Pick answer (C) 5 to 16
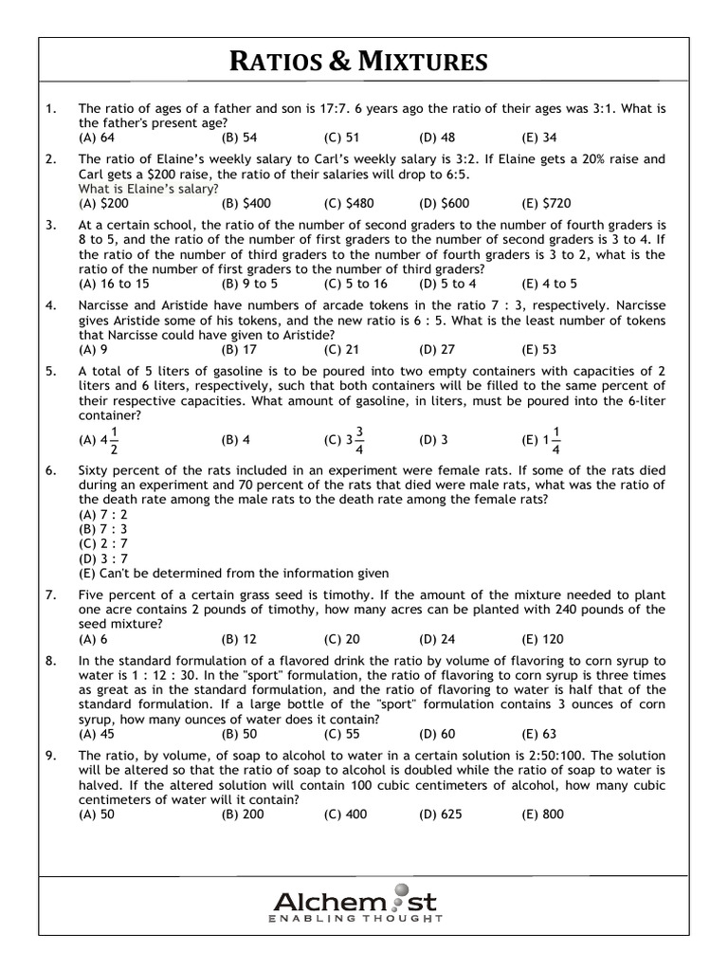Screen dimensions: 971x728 pos(355,284)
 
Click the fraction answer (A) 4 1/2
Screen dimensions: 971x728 pos(99,440)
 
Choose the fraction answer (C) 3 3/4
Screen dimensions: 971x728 pos(345,440)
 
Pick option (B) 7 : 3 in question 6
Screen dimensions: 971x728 pos(102,528)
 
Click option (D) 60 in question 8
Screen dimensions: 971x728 pos(437,733)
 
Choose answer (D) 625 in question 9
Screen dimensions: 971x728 pos(440,815)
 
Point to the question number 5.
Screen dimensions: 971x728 pos(49,372)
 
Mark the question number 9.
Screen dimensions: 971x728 pos(49,756)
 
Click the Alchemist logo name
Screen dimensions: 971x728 pos(355,900)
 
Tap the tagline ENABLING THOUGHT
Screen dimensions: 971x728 pos(355,920)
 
